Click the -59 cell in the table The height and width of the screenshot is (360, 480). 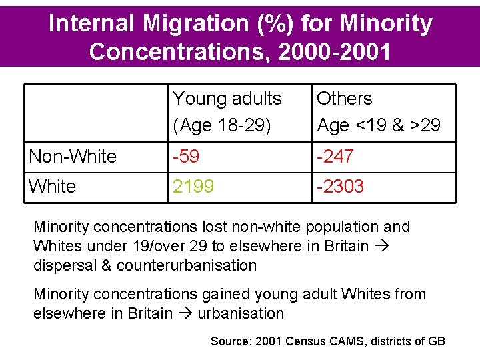pyautogui.click(x=187, y=157)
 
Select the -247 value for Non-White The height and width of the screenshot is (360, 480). pyautogui.click(x=335, y=157)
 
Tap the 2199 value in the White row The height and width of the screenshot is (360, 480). pyautogui.click(x=193, y=187)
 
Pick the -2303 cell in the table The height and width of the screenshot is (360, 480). pyautogui.click(x=340, y=187)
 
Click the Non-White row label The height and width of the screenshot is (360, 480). pyautogui.click(x=73, y=157)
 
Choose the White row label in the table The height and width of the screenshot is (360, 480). pyautogui.click(x=53, y=187)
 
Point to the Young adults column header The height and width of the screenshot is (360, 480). pyautogui.click(x=227, y=99)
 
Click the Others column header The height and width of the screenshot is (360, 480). pyautogui.click(x=344, y=99)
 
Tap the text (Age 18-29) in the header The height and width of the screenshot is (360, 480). pyautogui.click(x=222, y=125)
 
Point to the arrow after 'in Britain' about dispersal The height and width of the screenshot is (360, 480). pyautogui.click(x=381, y=246)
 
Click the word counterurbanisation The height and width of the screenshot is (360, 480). pyautogui.click(x=187, y=265)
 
